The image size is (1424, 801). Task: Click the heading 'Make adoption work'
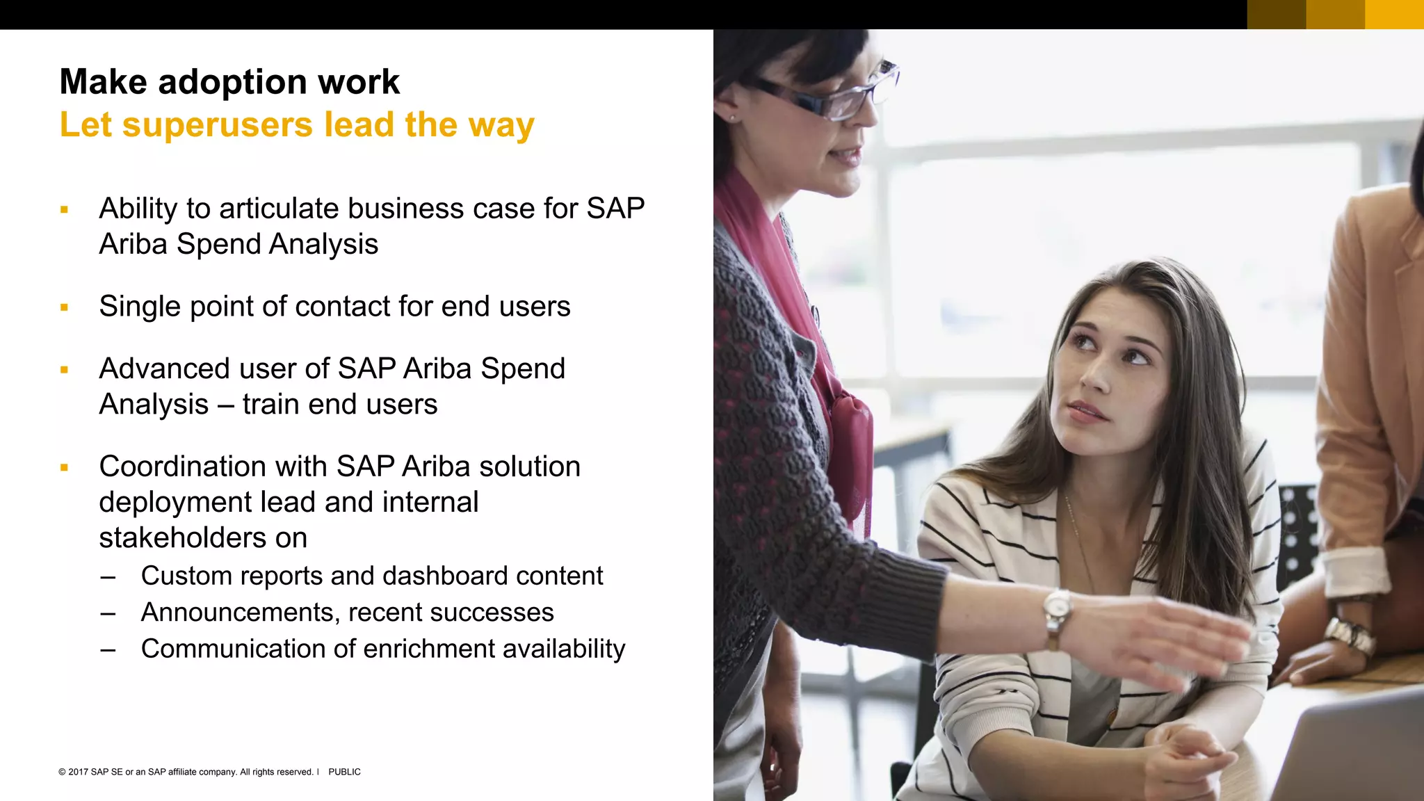pyautogui.click(x=229, y=82)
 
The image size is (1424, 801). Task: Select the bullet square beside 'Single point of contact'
pyautogui.click(x=64, y=307)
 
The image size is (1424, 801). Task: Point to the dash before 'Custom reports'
pyautogui.click(x=108, y=577)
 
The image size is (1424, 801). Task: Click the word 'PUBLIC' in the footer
pyautogui.click(x=344, y=772)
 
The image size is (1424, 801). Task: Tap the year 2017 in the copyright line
pyautogui.click(x=78, y=772)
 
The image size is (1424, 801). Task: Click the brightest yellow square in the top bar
pyautogui.click(x=1394, y=15)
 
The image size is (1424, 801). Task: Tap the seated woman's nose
pyautogui.click(x=1097, y=379)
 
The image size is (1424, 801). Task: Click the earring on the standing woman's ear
pyautogui.click(x=731, y=118)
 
